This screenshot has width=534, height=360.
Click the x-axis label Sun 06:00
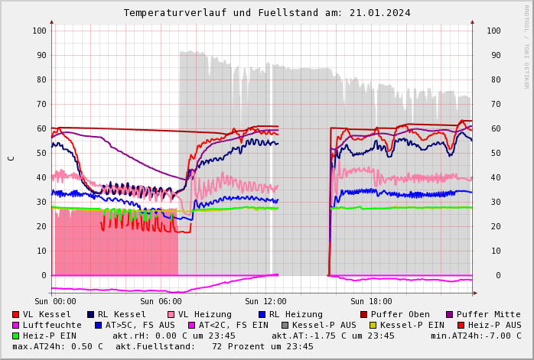pyautogui.click(x=161, y=301)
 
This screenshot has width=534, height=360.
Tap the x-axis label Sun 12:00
pyautogui.click(x=265, y=301)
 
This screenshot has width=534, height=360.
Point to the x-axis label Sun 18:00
pyautogui.click(x=371, y=301)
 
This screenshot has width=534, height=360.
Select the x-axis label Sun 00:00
pyautogui.click(x=55, y=301)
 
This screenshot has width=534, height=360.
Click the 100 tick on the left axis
pyautogui.click(x=39, y=31)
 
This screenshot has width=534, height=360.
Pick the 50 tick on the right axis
pyautogui.click(x=493, y=153)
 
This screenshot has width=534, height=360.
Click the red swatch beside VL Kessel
pyautogui.click(x=16, y=314)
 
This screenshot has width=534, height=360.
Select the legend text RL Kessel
pyautogui.click(x=122, y=314)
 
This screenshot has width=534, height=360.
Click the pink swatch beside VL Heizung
pyautogui.click(x=171, y=314)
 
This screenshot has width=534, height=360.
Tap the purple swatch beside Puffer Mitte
pyautogui.click(x=450, y=314)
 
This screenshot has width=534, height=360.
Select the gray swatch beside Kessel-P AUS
pyautogui.click(x=285, y=325)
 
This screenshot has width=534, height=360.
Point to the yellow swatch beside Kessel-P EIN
pyautogui.click(x=373, y=325)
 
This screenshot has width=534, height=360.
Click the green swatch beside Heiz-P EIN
pyautogui.click(x=16, y=336)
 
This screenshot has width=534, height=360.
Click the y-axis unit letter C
pyautogui.click(x=11, y=158)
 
